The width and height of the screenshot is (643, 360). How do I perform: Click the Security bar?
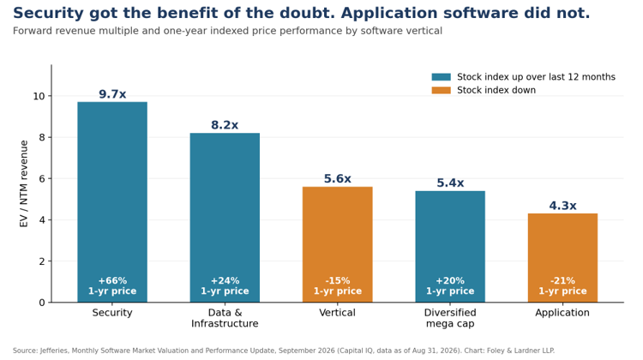pos(112,202)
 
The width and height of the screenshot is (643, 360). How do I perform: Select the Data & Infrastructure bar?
pos(225,218)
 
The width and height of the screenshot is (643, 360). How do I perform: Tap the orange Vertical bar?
pos(338,245)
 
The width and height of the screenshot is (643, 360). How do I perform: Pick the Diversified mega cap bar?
pos(450,247)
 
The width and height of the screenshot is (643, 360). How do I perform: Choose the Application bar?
pos(562,258)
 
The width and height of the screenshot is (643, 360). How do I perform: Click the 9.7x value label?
pos(112,94)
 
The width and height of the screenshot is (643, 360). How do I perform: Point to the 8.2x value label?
pos(225,125)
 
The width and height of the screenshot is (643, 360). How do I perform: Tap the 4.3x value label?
pos(562,206)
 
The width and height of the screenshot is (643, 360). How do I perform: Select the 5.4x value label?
pos(450,183)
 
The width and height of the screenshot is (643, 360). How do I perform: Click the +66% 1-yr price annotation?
pos(112,286)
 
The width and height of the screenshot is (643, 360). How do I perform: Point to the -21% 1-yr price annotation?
pos(562,286)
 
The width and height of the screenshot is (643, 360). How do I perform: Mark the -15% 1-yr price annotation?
pos(338,286)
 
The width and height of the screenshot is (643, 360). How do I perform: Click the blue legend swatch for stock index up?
pos(442,77)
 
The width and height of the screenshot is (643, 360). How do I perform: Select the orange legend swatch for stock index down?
pos(442,90)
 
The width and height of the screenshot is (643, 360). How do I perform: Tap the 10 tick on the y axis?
pos(39,96)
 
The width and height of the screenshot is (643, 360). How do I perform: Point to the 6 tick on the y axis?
pos(42,179)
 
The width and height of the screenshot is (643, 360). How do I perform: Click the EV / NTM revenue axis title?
pos(24,183)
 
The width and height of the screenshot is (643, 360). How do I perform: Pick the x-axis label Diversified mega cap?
pos(450,318)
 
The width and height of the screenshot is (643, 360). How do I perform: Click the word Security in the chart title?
pos(48,14)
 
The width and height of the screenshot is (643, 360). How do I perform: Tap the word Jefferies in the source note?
pos(52,351)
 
